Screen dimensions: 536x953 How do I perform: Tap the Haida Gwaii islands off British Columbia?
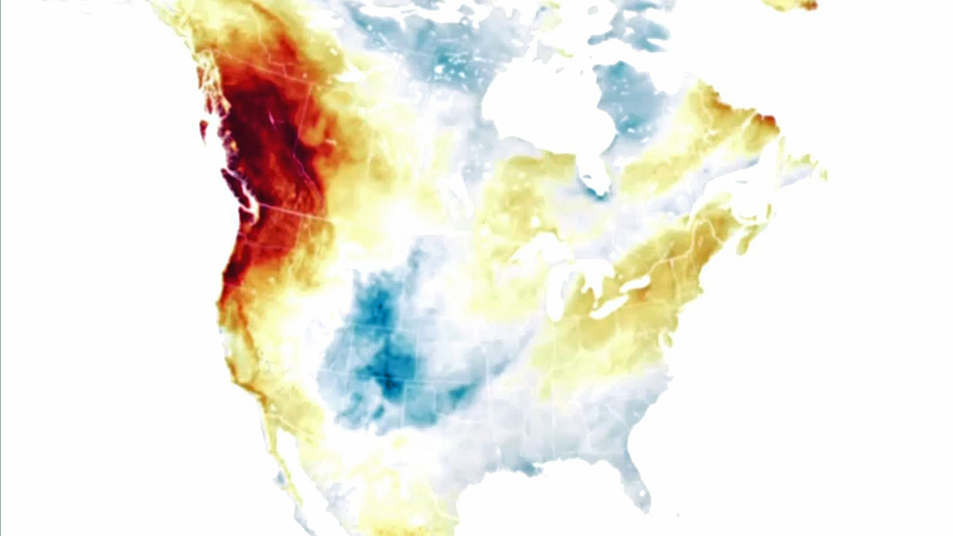click(202, 128)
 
